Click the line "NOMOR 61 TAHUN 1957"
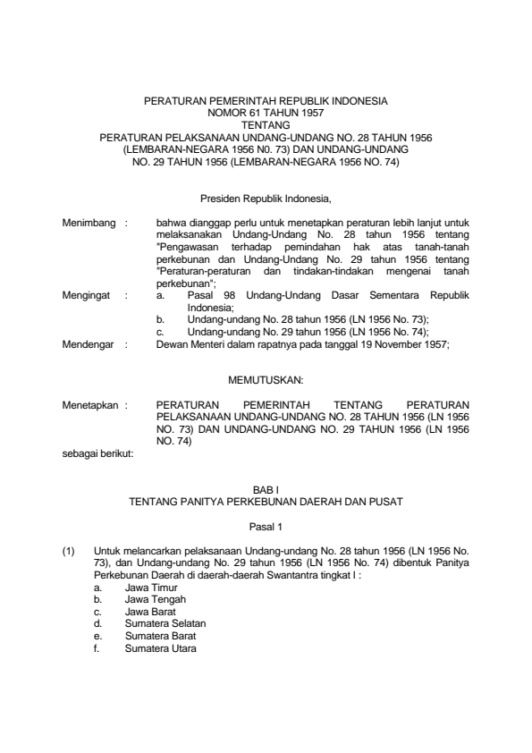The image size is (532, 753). coord(266,114)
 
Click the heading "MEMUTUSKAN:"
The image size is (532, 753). coord(266,379)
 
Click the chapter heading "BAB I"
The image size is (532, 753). coord(266,490)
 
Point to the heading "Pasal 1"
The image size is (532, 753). coord(266,528)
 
